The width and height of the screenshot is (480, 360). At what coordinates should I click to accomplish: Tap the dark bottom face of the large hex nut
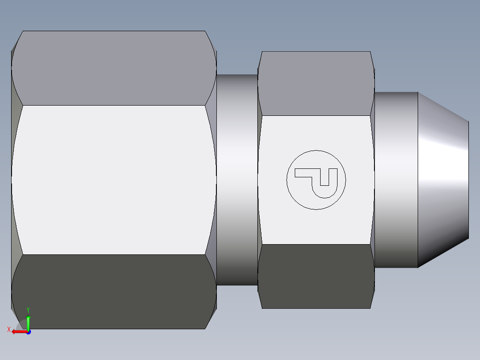114,292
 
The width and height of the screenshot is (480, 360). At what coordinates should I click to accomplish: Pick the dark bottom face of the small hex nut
316,276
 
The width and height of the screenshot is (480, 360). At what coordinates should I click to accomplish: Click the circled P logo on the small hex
316,180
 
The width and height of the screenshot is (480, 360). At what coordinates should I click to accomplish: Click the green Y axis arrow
28,322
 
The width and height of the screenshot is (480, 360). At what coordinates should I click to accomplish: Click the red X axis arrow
19,332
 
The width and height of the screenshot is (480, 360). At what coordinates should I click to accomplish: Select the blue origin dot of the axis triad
28,332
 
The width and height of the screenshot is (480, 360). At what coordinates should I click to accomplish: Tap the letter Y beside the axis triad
28,310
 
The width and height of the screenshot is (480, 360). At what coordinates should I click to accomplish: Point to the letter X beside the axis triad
8,330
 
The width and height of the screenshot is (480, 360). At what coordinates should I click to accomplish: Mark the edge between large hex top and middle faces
114,105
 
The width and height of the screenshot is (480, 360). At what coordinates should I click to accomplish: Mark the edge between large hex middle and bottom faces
114,254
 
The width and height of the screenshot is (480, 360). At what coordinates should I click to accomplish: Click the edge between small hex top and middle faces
316,116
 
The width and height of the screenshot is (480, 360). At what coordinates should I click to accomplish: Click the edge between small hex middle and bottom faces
316,244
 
